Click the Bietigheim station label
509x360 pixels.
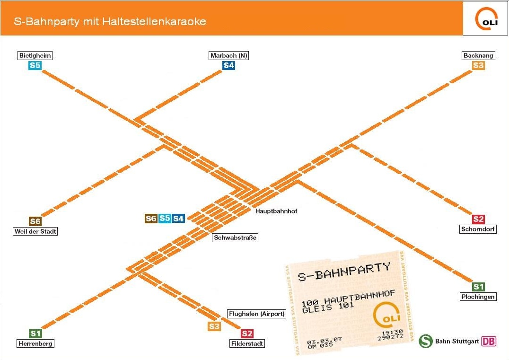(35, 55)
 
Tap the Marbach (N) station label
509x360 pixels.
(229, 55)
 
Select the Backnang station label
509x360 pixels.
(478, 55)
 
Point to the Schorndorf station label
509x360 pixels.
(479, 229)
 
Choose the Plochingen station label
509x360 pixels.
(478, 297)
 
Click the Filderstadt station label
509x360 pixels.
(247, 343)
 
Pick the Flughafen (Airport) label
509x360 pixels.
(257, 314)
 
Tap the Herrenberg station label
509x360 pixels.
(35, 343)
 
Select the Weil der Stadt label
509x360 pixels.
(35, 231)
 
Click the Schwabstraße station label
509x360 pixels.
(235, 237)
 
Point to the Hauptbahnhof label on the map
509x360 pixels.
(276, 211)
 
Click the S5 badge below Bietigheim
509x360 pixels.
(35, 65)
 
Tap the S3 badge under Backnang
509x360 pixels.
(478, 65)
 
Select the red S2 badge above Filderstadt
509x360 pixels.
(247, 334)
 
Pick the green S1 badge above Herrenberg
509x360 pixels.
(35, 334)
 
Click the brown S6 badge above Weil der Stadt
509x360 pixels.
(35, 221)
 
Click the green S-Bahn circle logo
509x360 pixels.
(426, 341)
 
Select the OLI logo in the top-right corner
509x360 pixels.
(485, 18)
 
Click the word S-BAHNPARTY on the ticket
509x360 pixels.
(344, 272)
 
